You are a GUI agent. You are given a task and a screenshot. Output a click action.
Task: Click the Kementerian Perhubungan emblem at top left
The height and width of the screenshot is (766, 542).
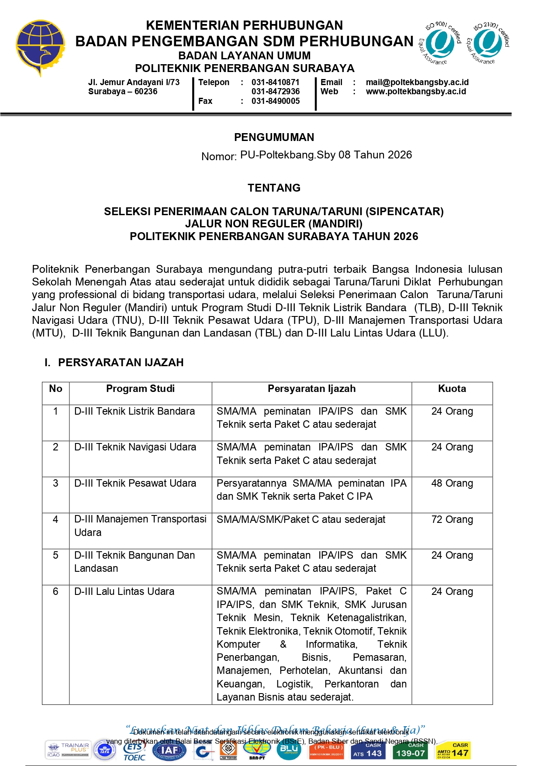(x=40, y=47)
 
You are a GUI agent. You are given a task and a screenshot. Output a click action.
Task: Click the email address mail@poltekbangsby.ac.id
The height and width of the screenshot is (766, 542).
(x=417, y=82)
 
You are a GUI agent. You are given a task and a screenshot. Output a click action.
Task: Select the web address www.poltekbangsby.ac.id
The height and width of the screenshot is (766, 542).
(x=416, y=92)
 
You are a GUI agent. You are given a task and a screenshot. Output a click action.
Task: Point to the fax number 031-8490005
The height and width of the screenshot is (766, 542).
(x=276, y=101)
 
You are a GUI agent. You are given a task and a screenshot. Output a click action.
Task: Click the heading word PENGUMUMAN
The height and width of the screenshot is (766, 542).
(x=274, y=137)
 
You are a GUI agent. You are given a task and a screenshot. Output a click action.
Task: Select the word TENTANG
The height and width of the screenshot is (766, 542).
(x=274, y=188)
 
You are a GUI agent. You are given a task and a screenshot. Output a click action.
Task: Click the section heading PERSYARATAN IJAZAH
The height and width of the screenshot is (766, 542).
(x=121, y=363)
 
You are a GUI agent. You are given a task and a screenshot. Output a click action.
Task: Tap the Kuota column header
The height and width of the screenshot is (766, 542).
(x=452, y=389)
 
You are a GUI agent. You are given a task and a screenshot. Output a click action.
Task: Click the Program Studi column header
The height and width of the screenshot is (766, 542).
(x=140, y=389)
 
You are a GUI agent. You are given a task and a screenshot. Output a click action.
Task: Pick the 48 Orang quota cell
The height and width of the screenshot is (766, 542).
(x=452, y=484)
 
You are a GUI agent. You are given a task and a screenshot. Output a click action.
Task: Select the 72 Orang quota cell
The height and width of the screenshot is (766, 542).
(x=452, y=520)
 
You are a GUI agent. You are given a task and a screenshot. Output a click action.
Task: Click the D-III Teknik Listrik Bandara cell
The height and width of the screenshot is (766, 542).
(x=135, y=412)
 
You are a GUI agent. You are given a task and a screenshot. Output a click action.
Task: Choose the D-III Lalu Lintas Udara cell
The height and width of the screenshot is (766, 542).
(x=124, y=592)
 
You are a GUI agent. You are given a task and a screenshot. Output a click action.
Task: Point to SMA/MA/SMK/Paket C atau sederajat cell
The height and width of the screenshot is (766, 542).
(x=301, y=520)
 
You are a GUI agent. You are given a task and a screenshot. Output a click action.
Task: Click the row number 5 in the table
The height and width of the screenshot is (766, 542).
(x=55, y=556)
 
